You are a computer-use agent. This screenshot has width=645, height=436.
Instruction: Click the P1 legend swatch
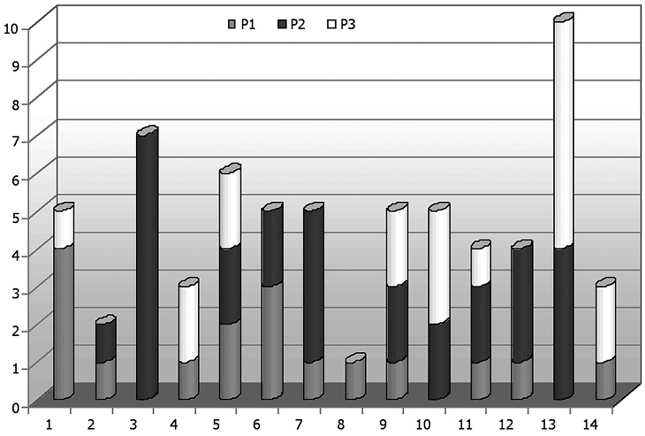tap(231, 24)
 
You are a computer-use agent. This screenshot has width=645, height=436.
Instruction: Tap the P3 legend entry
tap(339, 24)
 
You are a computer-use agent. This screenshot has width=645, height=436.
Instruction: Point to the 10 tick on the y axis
tap(11, 27)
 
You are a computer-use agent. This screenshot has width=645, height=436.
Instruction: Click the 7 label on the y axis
tap(12, 142)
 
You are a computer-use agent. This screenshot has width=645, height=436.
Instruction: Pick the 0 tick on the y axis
tap(12, 407)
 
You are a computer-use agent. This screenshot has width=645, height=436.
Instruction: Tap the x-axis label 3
tap(133, 425)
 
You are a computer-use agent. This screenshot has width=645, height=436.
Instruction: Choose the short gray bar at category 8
tap(353, 380)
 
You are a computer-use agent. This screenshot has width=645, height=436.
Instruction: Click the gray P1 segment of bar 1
tap(62, 323)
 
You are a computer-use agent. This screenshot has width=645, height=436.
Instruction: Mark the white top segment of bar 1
tap(62, 227)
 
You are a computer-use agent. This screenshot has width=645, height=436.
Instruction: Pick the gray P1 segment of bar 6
tap(270, 341)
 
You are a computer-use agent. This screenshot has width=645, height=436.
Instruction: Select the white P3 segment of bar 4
tap(186, 323)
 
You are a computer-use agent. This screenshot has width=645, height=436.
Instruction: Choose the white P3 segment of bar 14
tap(603, 324)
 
